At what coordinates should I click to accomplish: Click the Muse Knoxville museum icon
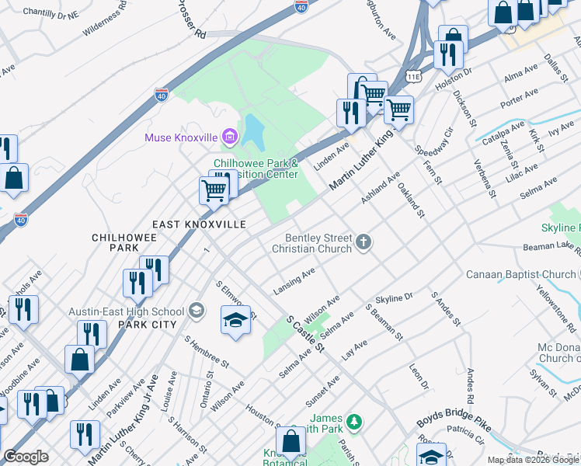229,138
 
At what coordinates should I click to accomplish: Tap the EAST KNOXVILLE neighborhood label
199,224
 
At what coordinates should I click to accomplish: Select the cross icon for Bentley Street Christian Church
363,244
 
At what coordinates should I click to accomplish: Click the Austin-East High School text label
127,311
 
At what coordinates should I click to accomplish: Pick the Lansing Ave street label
294,281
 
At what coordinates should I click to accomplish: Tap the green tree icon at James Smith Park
354,422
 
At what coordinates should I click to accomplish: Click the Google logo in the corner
26,457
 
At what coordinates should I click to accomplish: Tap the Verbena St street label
485,179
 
